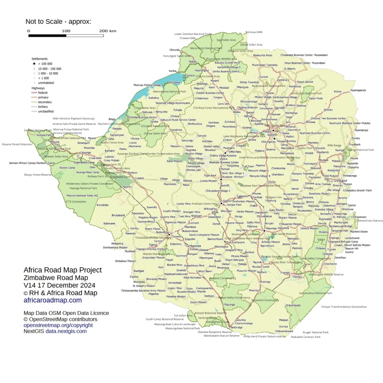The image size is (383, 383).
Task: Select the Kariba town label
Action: pos(172,71)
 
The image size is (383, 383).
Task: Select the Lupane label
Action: pos(140,178)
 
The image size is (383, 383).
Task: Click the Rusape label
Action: pos(324,160)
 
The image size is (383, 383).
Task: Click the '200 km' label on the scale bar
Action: pos(108,31)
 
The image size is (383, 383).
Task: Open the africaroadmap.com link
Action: pos(52,300)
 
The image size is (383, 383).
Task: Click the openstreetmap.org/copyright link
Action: pos(58,325)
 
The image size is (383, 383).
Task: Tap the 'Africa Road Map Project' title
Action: pos(62,270)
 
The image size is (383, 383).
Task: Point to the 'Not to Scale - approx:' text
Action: pos(58,21)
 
